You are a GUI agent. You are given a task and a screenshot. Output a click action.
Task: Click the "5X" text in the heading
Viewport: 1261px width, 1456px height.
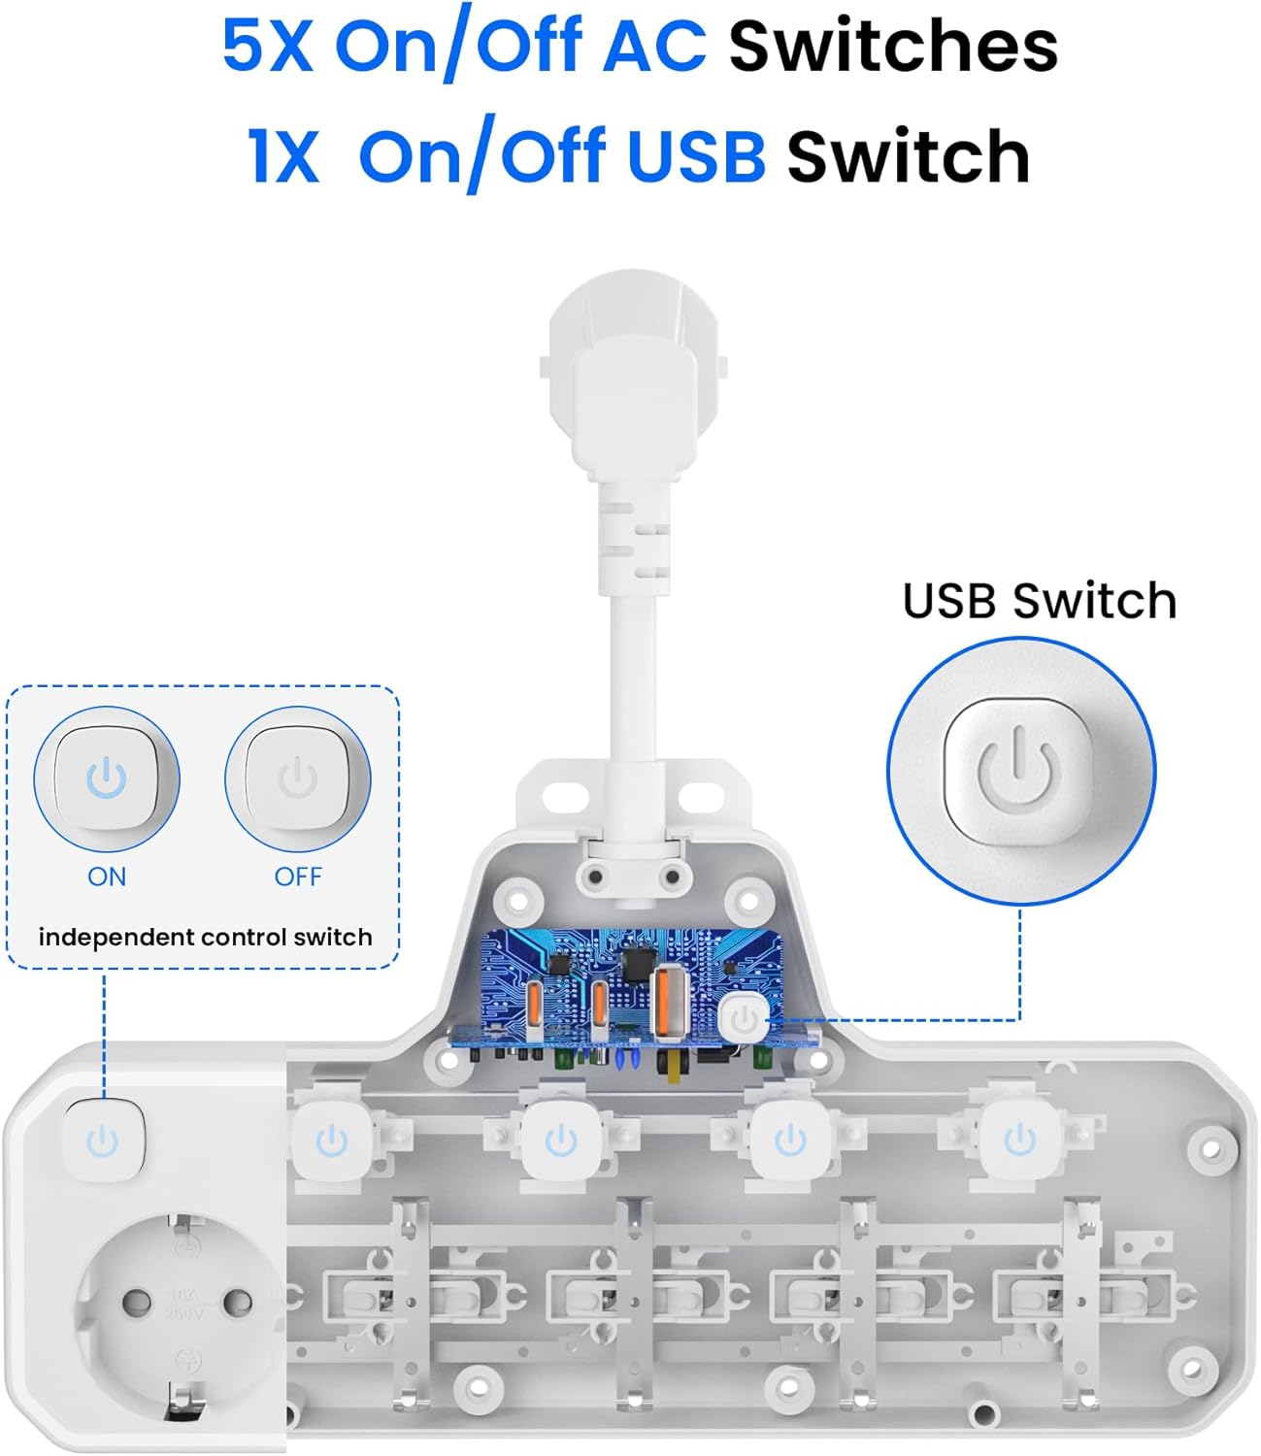tap(267, 47)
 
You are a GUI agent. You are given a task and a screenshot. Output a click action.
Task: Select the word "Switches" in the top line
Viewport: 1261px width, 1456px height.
tap(892, 47)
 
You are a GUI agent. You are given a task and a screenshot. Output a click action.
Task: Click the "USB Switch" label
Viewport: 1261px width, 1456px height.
tap(1039, 601)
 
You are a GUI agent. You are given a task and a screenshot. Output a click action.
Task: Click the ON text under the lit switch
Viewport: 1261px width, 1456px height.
tap(107, 877)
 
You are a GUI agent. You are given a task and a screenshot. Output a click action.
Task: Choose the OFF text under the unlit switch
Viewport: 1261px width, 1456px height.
tap(298, 877)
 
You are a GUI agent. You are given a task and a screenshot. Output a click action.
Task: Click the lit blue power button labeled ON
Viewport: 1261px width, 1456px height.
tap(107, 778)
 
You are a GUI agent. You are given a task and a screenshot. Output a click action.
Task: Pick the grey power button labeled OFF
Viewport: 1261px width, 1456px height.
tap(298, 778)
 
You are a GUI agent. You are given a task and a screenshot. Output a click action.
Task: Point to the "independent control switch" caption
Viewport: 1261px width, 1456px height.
tap(205, 937)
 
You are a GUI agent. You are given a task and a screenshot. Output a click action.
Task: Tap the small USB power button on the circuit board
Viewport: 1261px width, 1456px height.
tap(745, 1019)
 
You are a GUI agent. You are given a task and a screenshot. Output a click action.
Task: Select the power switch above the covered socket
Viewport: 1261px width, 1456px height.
tap(104, 1140)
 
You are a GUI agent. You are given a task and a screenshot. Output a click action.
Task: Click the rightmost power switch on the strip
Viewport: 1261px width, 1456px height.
tap(1019, 1139)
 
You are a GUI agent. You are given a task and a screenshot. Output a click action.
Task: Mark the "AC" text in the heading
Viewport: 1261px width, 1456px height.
tap(654, 47)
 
